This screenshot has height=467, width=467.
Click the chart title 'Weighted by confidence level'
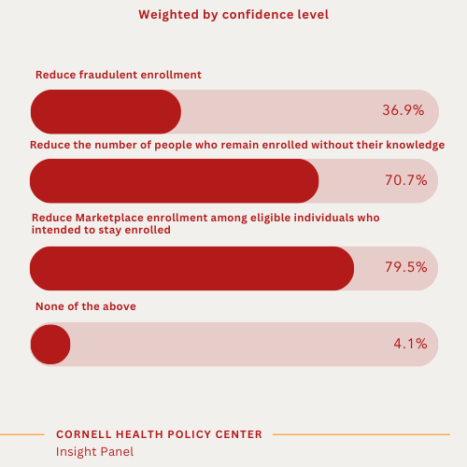point(233,15)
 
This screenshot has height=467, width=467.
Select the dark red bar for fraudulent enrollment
point(106,111)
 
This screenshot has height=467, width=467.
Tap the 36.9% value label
point(403,110)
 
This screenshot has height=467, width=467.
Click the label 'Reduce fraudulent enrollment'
point(119,75)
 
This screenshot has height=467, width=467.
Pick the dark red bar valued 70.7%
point(175,180)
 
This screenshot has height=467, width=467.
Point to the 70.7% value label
point(405,180)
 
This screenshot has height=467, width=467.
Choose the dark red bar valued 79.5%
point(192,268)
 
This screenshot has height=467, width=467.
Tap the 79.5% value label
point(405,267)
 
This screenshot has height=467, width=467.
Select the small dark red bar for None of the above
point(50,344)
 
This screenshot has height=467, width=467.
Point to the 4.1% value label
point(410,344)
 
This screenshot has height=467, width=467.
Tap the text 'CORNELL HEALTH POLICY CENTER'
point(159,434)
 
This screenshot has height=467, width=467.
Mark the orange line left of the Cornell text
point(22,434)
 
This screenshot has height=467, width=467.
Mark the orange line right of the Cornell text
point(361,434)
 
